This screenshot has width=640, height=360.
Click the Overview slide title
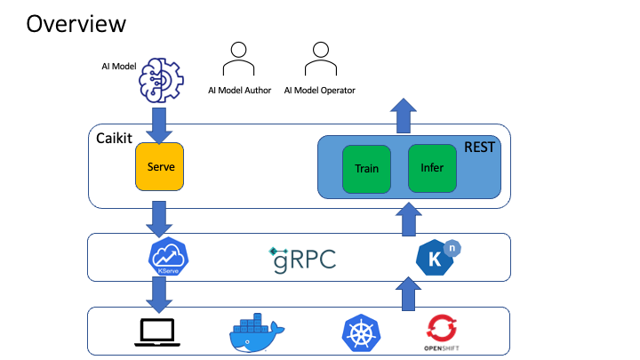[x=76, y=24]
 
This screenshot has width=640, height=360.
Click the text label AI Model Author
[x=238, y=91]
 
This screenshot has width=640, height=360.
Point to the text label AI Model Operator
[x=320, y=91]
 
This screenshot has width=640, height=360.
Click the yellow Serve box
[x=159, y=166]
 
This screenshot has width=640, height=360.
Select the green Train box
[x=366, y=168]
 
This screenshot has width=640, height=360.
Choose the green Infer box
[x=432, y=168]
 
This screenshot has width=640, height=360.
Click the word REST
[x=479, y=148]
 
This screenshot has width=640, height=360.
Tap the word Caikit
[x=113, y=139]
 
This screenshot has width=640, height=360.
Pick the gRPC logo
[x=303, y=259]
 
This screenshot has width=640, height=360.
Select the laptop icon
[x=159, y=332]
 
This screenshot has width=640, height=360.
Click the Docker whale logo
[x=258, y=332]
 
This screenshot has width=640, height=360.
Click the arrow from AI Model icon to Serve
[x=159, y=124]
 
